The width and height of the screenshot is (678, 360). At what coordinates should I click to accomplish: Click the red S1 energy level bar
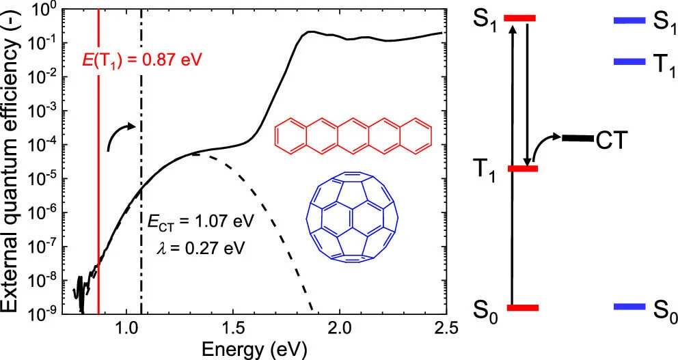519,18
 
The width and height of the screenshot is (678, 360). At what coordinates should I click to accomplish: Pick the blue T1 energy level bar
629,61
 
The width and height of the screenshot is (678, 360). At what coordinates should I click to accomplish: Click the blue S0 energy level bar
629,307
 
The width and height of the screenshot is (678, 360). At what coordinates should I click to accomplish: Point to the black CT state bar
577,139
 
